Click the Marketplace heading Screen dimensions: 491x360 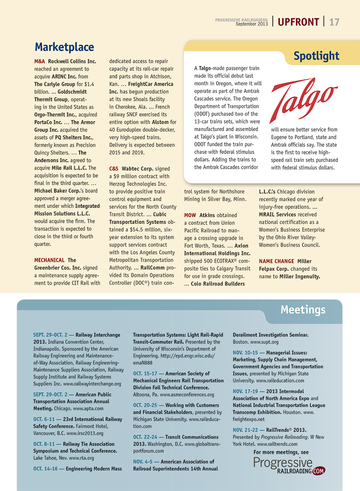[x=64, y=47]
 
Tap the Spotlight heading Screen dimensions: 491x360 [x=316, y=56]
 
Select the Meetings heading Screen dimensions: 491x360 [x=303, y=309]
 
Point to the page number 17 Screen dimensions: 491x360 [x=334, y=22]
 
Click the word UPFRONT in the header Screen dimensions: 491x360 [x=298, y=22]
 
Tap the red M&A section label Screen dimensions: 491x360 [x=40, y=62]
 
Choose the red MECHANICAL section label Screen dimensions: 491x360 [x=49, y=260]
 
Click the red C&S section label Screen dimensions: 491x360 [x=114, y=169]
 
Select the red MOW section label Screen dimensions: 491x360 [x=190, y=215]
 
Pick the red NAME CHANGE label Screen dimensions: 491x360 [x=276, y=261]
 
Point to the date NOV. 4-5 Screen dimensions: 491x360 [x=146, y=462]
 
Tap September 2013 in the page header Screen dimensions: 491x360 [x=252, y=24]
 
